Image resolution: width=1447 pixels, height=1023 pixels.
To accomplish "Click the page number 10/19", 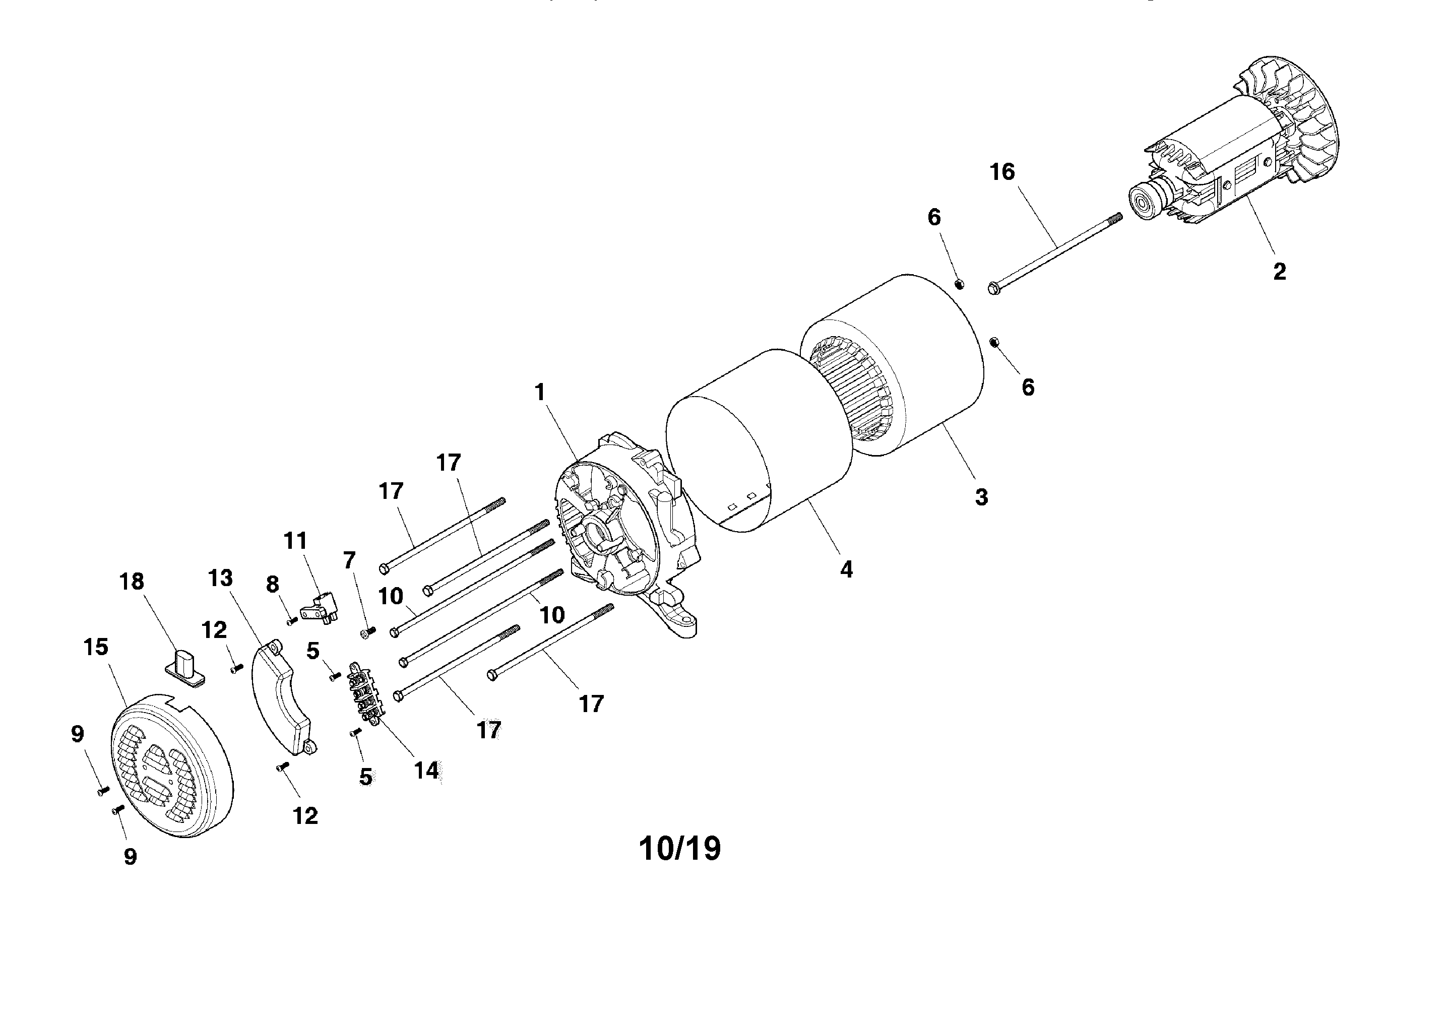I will (679, 849).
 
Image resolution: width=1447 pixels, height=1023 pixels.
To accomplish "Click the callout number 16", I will (1002, 171).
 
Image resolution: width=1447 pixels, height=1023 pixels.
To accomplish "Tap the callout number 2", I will (1279, 272).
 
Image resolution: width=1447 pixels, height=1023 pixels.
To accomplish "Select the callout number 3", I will (981, 497).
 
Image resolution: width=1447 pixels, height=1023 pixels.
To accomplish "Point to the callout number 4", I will (846, 570).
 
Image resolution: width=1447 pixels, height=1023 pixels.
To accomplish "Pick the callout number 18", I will (132, 581).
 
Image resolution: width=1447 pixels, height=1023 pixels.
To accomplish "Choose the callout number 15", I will (96, 648).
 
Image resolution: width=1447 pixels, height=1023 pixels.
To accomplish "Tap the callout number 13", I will (221, 578).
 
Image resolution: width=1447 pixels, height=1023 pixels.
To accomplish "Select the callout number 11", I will (295, 541).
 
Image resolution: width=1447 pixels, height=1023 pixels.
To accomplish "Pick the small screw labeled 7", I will (367, 631).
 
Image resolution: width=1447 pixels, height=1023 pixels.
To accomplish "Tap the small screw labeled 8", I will (292, 621).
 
